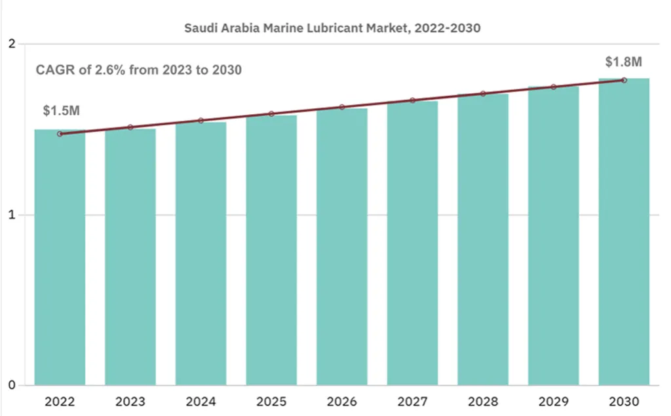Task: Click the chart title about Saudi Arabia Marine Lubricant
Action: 332,28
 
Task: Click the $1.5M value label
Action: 61,110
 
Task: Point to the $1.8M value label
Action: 623,62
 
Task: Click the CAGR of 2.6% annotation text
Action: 138,70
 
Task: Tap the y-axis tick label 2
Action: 11,44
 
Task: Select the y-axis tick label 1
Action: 11,215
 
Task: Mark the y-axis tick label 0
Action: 11,385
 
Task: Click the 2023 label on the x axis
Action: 130,401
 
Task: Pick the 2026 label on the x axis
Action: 342,401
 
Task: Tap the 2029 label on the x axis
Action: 554,401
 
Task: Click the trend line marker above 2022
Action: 60,134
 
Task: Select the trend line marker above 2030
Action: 624,80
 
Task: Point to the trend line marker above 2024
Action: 201,121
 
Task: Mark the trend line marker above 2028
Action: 483,94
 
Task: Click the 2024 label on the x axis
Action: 201,401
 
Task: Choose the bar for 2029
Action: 554,236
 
